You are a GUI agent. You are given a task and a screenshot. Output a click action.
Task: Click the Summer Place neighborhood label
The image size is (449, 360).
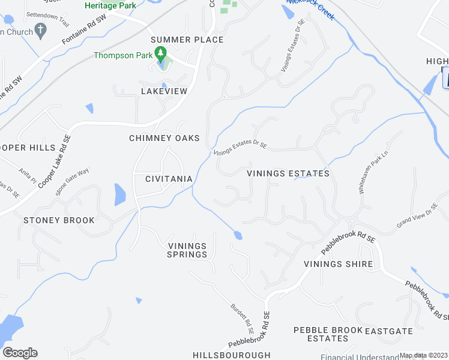click(x=187, y=40)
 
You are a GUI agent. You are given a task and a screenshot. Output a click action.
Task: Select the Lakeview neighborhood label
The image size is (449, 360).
click(x=164, y=91)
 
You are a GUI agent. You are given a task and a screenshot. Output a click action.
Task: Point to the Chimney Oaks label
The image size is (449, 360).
click(x=164, y=138)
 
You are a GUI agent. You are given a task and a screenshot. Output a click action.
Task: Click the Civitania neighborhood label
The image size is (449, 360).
click(x=169, y=179)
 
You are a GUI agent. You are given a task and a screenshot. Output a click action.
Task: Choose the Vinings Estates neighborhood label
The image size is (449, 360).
click(x=289, y=173)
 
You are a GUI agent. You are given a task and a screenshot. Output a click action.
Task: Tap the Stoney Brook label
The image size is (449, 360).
click(x=59, y=220)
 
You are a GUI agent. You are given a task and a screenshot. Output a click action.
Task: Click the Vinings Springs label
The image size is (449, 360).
click(x=187, y=250)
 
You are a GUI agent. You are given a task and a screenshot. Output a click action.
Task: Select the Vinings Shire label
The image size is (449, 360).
click(x=338, y=264)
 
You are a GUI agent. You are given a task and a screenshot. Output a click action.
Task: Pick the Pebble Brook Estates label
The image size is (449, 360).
click(x=328, y=334)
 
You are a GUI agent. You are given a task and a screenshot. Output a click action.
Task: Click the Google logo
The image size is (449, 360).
click(x=20, y=353)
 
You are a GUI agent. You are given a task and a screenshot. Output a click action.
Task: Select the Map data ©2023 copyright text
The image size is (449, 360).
click(x=423, y=355)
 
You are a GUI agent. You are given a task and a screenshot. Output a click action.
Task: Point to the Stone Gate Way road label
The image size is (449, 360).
click(x=72, y=182)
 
